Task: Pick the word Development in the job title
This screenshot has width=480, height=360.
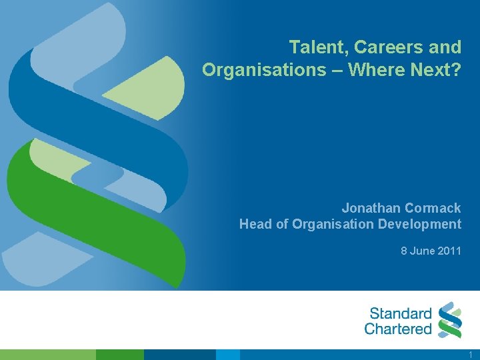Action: pos(419,224)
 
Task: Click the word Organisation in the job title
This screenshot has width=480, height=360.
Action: pos(331,224)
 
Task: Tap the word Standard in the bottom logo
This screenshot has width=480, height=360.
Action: pos(401,313)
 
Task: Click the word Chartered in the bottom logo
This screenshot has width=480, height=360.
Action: pos(398,329)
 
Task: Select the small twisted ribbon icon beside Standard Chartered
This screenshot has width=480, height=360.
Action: pos(451,320)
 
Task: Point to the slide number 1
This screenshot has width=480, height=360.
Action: pos(471,355)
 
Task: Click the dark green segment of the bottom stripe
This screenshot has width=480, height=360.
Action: pos(120,355)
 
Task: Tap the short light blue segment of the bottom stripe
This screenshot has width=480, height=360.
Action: pos(227,355)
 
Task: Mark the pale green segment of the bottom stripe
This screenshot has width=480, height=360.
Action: pos(47,355)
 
